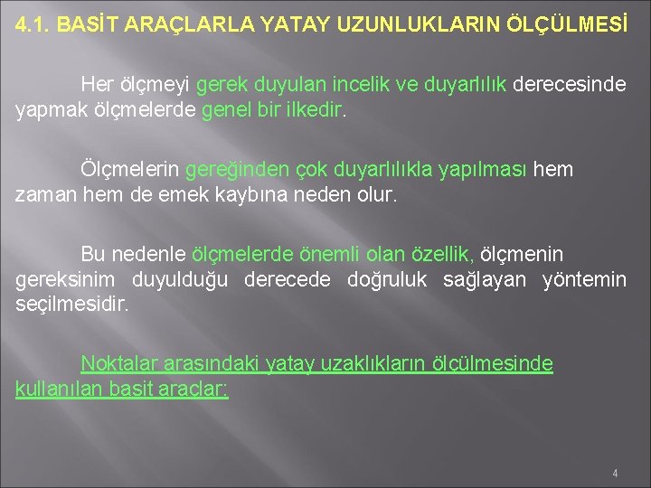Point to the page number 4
(x=615, y=473)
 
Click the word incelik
(x=422, y=85)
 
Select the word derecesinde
(x=571, y=85)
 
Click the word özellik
(x=443, y=255)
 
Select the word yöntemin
(x=583, y=279)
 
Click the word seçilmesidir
(x=72, y=304)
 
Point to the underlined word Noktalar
(x=120, y=364)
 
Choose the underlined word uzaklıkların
(x=355, y=364)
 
